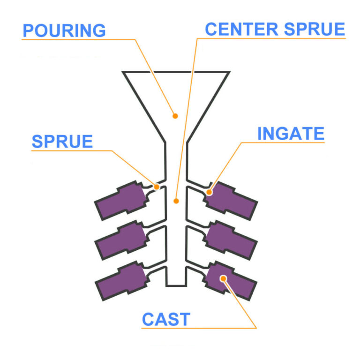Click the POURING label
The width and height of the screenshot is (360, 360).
(64, 30)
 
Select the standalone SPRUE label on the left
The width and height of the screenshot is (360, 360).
(62, 142)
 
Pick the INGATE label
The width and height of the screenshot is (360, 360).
(291, 134)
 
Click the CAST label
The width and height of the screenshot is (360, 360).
(166, 320)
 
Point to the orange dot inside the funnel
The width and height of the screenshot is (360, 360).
(175, 115)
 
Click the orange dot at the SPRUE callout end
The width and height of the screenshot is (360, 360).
(157, 187)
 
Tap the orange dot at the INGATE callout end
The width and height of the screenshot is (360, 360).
(210, 192)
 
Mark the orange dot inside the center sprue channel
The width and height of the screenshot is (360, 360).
(176, 201)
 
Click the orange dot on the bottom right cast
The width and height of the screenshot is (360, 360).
(224, 278)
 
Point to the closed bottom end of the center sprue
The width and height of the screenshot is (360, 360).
(176, 285)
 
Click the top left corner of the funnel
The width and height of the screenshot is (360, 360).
(124, 72)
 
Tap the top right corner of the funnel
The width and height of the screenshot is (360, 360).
(229, 72)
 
